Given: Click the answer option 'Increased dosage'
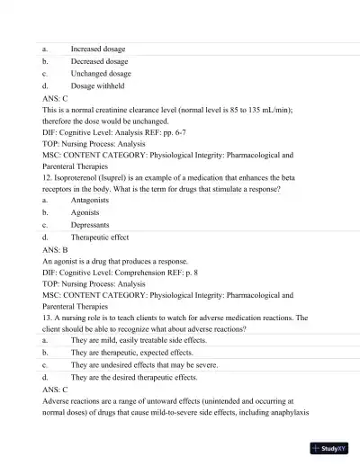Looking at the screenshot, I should point(98,49).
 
